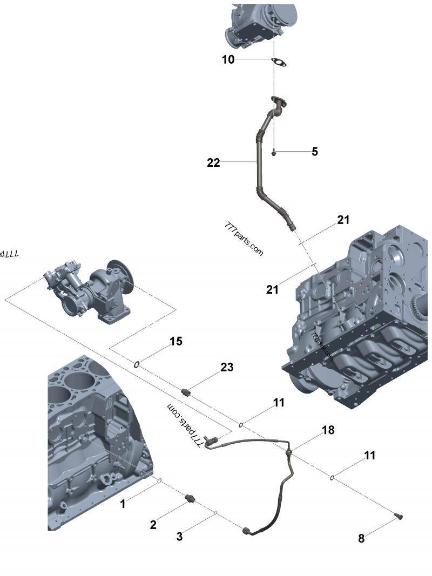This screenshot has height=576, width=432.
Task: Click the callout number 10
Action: pos(228,59)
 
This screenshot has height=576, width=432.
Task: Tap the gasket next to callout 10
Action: pos(279,63)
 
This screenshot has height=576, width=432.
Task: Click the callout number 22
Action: pos(214,162)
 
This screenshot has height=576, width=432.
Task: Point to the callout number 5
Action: pos(315,152)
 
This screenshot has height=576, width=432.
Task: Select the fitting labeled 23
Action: pos(186,392)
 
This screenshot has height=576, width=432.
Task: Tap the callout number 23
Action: pos(227,367)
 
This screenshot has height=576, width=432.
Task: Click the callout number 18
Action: pos(328,430)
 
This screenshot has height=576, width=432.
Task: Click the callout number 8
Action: pos(361,538)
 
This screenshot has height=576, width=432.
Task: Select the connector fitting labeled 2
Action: pos(190,498)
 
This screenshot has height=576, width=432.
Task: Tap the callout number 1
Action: pos(123,504)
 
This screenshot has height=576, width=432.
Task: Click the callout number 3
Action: pos(180,536)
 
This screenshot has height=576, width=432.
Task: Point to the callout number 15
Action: pos(176,341)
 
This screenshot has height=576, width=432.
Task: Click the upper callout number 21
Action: pos(343,220)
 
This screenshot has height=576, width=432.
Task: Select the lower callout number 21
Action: pos(272,289)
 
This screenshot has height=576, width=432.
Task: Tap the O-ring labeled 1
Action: pos(160,480)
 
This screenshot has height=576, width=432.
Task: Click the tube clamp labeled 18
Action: pos(289,451)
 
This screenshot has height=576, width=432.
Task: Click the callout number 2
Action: pos(153,524)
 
